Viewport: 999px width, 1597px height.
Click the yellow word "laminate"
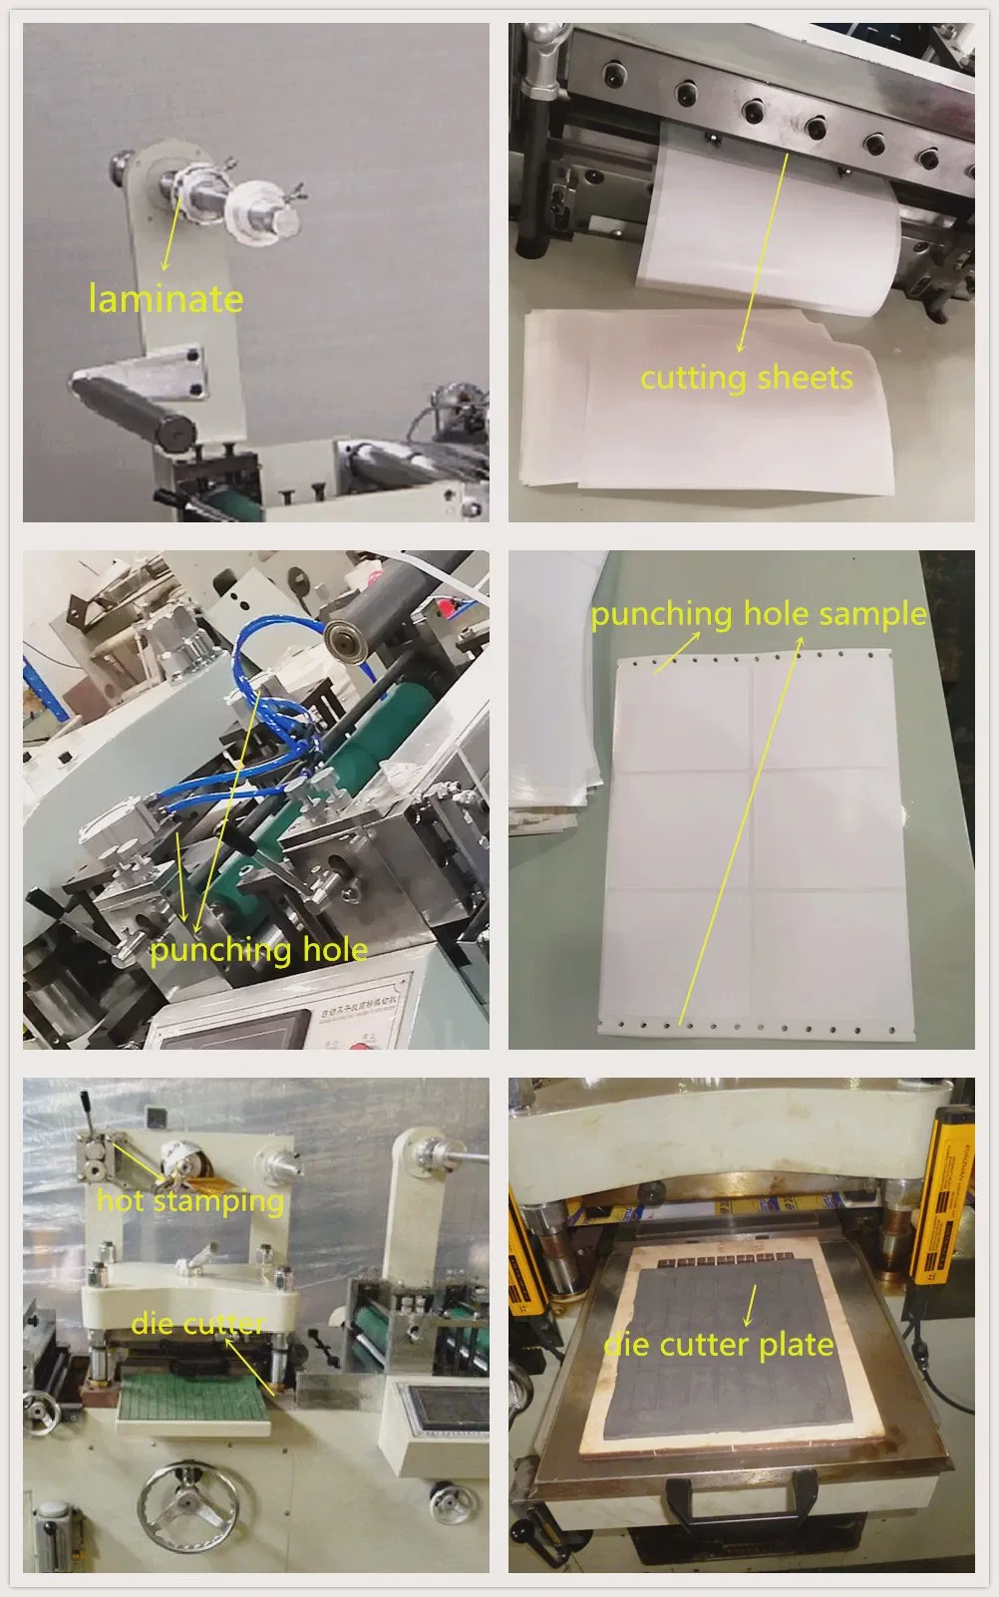166,298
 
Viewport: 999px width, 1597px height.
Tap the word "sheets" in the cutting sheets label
804,378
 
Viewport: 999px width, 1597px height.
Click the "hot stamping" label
189,1201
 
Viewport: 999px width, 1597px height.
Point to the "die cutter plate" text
719,1345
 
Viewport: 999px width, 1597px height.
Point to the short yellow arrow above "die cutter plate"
749,1304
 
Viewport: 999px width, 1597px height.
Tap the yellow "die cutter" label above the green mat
197,1324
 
